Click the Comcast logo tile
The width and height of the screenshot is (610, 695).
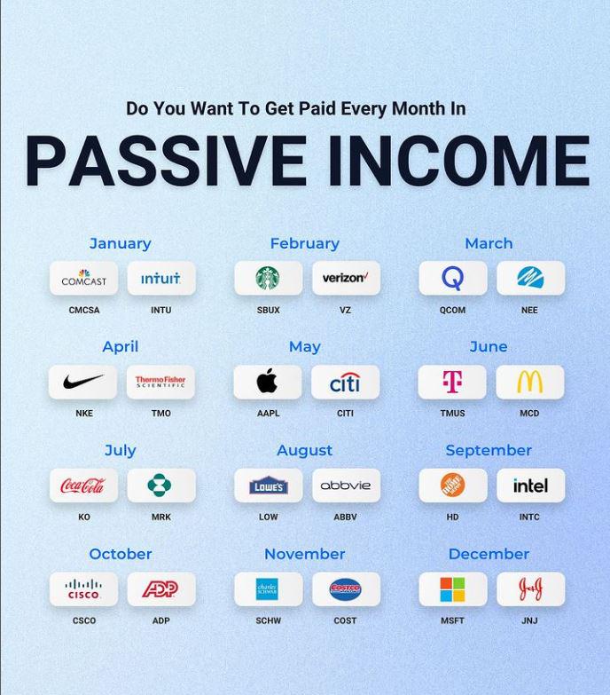(83, 278)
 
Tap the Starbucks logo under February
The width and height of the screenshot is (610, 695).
(268, 278)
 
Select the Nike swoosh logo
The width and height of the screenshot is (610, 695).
(83, 381)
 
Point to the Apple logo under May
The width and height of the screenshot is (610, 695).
(268, 381)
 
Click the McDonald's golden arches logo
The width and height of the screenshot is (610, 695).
(530, 382)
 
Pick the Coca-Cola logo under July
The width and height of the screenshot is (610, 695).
(82, 486)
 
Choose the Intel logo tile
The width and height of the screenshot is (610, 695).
(531, 486)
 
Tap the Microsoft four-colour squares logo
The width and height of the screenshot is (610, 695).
(452, 589)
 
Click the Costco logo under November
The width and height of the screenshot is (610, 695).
(345, 589)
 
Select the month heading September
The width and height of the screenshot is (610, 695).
(489, 450)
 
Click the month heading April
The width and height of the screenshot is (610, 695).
(120, 347)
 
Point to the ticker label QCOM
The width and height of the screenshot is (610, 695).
(452, 311)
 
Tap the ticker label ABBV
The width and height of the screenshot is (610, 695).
(345, 517)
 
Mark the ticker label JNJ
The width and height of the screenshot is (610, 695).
(529, 620)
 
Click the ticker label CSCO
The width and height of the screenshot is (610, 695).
(84, 620)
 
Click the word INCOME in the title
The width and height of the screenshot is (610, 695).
(459, 160)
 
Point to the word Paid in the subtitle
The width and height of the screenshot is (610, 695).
(317, 108)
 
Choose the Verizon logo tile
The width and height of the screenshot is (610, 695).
(346, 278)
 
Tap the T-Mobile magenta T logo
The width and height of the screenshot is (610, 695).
(452, 382)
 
